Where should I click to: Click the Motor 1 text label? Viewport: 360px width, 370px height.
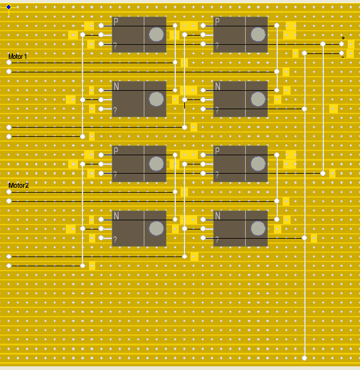tap(18, 56)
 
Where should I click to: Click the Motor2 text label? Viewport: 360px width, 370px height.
tap(18, 185)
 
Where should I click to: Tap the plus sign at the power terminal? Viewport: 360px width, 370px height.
tap(343, 38)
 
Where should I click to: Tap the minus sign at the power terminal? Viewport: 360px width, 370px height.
tap(343, 57)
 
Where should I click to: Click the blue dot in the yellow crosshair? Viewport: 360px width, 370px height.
tap(9, 7)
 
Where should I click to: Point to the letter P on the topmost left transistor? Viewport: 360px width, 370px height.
tap(115, 21)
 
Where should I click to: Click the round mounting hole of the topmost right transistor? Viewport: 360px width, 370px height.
tap(258, 34)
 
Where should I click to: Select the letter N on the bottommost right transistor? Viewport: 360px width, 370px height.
tap(217, 215)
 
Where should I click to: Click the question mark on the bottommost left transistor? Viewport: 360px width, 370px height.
tap(115, 240)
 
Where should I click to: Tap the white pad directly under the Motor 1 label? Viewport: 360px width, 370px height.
tap(9, 63)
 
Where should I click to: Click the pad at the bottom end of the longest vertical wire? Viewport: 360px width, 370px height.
tap(305, 358)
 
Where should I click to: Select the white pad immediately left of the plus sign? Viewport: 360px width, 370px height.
tap(342, 44)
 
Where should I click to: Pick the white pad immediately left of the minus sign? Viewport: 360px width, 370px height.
tap(342, 53)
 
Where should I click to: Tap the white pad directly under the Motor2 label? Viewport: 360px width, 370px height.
tap(9, 192)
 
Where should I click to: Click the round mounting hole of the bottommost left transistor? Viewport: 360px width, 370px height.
tap(156, 228)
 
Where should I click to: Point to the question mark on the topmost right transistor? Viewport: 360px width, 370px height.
tap(217, 46)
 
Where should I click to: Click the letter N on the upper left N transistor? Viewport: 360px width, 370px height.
tap(116, 87)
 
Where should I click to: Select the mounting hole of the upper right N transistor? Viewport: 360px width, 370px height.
tap(258, 99)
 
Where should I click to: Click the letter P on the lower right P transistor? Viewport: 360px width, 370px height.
tap(217, 151)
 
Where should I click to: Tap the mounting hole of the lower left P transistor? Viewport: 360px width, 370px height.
tap(156, 164)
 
